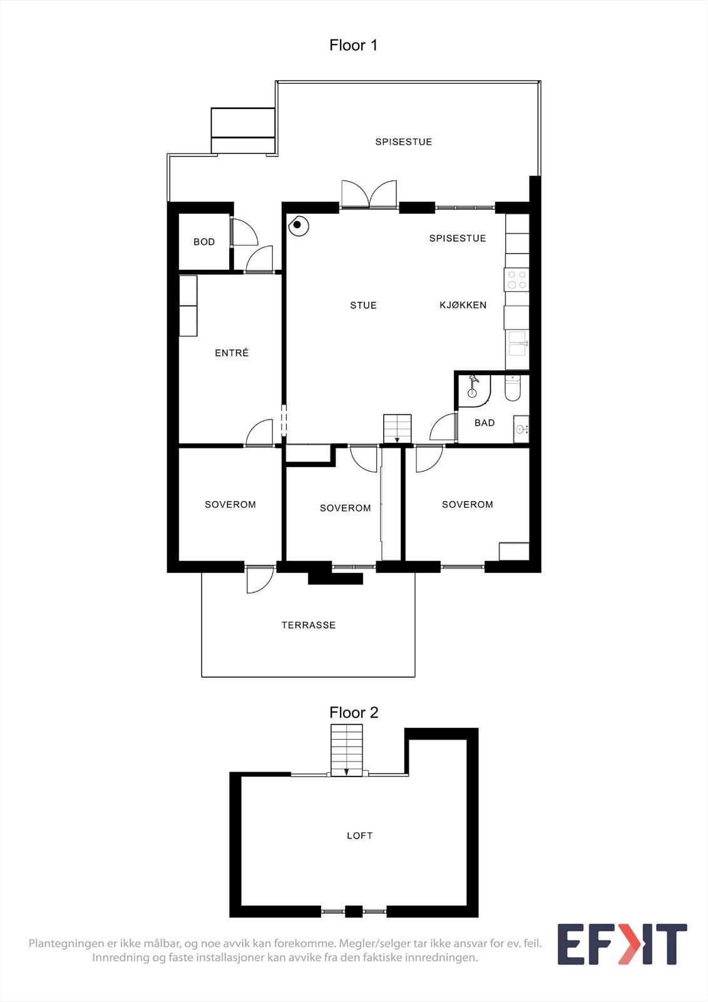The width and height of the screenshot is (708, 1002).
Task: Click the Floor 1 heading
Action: coord(353,45)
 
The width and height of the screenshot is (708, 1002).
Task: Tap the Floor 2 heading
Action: coord(354,713)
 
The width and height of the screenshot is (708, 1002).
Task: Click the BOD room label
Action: coord(204,242)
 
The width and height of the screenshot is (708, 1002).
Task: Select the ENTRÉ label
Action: coord(232,353)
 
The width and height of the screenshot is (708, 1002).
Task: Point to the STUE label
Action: coord(363,306)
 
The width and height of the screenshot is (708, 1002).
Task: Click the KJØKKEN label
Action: coord(463,305)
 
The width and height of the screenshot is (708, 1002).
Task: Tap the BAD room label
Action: coord(485,423)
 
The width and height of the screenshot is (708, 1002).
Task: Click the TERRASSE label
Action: coord(309,625)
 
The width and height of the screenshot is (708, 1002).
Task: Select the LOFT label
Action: coord(360,835)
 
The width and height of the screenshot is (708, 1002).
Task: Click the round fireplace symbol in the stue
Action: coord(298,225)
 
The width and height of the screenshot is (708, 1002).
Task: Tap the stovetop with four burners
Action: coord(516,279)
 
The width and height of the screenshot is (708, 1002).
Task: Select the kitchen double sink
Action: coord(517,344)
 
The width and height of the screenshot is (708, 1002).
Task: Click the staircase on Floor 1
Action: coord(397,429)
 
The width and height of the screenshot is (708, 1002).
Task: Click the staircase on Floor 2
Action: coord(347,750)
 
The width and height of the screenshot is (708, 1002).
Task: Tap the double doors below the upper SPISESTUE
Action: coord(369,194)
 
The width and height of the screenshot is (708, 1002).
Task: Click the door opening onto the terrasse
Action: coord(259,580)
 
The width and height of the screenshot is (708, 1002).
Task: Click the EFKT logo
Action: coord(622,944)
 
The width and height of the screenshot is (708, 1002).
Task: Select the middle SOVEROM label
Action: coord(345,508)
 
